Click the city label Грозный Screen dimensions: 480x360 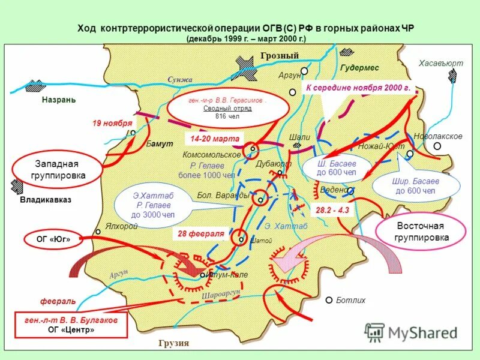click(x=280, y=56)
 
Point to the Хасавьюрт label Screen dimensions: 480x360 click(x=441, y=63)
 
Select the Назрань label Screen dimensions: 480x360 click(x=59, y=100)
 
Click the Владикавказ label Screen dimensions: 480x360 click(x=46, y=200)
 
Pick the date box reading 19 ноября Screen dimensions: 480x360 click(x=112, y=123)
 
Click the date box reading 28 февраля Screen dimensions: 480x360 click(x=200, y=233)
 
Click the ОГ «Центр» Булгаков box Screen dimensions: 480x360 click(x=71, y=325)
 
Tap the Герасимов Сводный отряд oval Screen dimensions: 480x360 click(x=224, y=109)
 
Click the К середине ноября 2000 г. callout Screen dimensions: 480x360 click(x=358, y=88)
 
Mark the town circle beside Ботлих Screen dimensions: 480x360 click(x=329, y=300)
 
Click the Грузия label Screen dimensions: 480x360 click(x=174, y=344)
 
